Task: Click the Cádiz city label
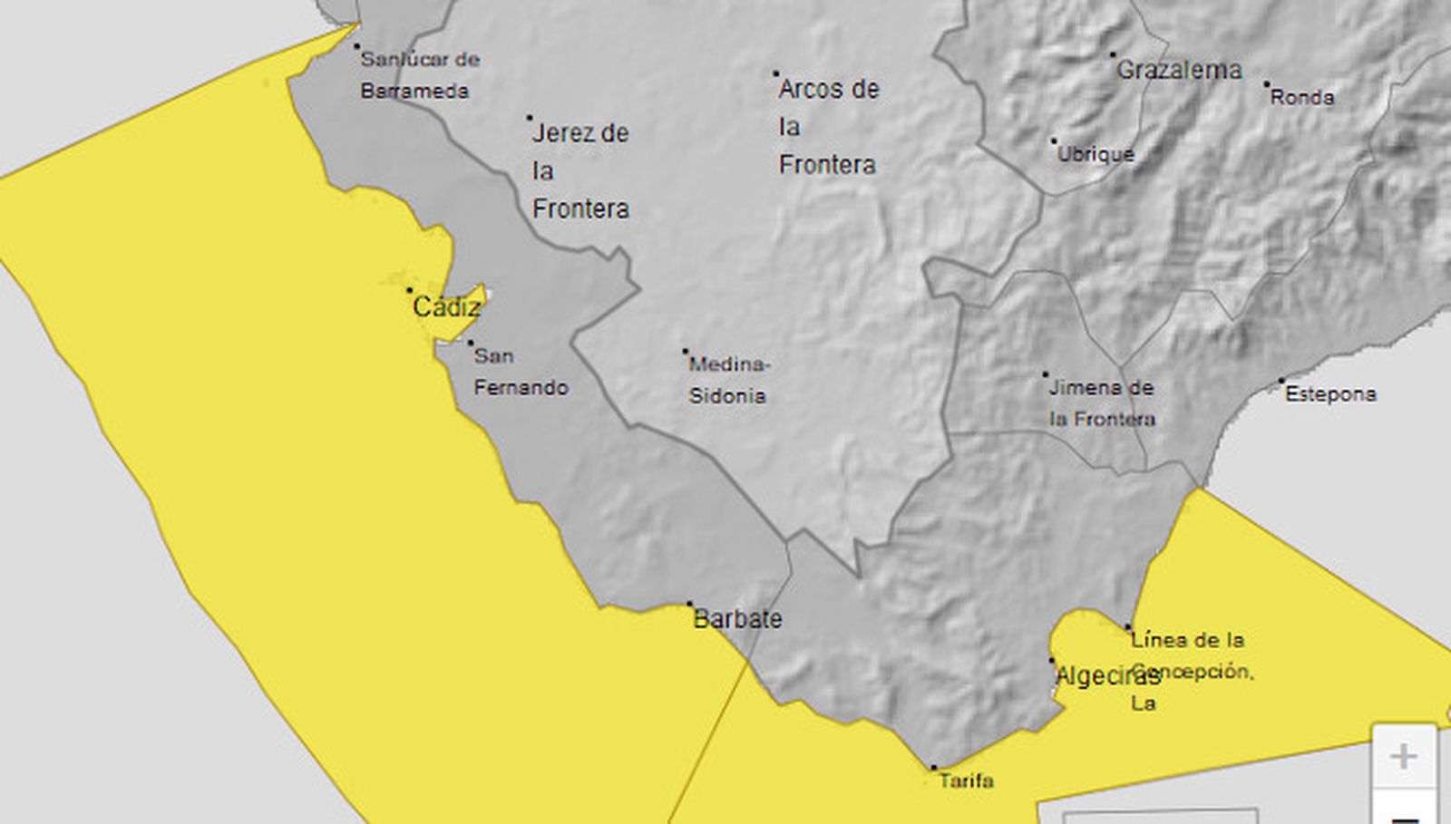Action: [446, 307]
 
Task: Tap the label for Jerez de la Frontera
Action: [580, 170]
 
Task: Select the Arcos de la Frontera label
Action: [828, 127]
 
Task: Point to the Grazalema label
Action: [1179, 70]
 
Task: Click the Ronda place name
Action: [1302, 97]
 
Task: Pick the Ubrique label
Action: [1096, 154]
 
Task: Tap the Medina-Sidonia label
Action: [728, 380]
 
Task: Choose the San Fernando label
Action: [521, 372]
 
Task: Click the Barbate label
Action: [737, 619]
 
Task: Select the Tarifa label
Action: [966, 780]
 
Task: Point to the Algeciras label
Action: [1106, 675]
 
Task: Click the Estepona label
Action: [1330, 394]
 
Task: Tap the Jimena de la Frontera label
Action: [1102, 403]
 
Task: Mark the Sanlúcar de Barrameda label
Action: [419, 75]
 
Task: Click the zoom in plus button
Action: [1404, 756]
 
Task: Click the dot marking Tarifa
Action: [933, 768]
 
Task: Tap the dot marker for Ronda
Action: [1267, 84]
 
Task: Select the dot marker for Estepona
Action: [1281, 381]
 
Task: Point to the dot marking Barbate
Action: [689, 604]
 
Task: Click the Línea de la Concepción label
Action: [1190, 671]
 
